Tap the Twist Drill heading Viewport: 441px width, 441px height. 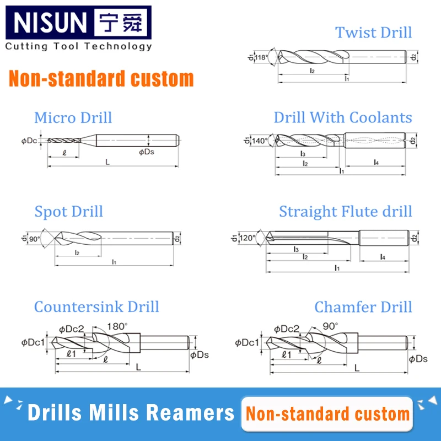373,32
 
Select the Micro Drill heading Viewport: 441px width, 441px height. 73,117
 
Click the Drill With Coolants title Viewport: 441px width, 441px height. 342,117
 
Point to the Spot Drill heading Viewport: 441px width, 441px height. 68,212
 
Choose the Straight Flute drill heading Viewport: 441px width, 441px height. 345,212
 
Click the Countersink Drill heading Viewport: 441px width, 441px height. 96,306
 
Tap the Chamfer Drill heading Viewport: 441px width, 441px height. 363,306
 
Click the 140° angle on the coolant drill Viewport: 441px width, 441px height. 260,141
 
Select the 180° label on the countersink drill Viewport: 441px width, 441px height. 117,325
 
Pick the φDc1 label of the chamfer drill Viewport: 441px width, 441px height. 246,343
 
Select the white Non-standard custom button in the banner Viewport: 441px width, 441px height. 327,413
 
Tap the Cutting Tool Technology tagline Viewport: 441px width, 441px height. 78,46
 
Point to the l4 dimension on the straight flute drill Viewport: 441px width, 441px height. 383,257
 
